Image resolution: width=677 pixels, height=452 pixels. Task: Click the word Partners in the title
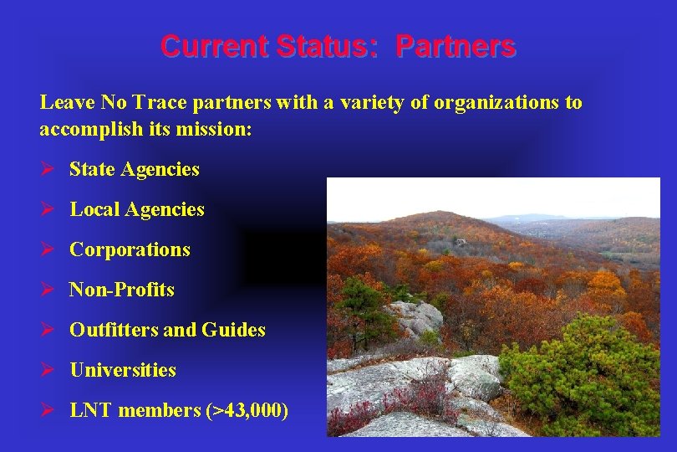(456, 46)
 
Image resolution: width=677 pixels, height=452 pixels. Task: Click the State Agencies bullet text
(134, 169)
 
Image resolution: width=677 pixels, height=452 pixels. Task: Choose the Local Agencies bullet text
(136, 209)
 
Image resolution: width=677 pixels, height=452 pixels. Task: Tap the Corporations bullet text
(130, 249)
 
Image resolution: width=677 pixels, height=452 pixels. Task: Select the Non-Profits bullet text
(121, 290)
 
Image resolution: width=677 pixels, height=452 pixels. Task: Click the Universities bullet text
(122, 370)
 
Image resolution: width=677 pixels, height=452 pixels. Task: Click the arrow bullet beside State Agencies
(48, 169)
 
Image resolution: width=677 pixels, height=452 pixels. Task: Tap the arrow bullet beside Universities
(48, 370)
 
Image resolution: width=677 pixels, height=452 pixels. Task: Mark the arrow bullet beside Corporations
(48, 249)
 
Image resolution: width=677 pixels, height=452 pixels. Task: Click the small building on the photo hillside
(459, 242)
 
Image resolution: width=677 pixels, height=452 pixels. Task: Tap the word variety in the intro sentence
(364, 103)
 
